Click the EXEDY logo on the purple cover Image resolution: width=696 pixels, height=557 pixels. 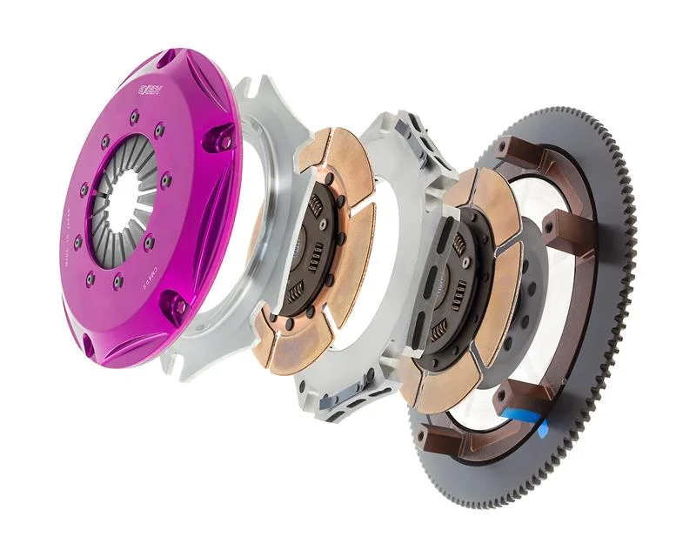point(151,89)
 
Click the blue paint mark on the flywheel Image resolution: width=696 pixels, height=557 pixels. point(531,426)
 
